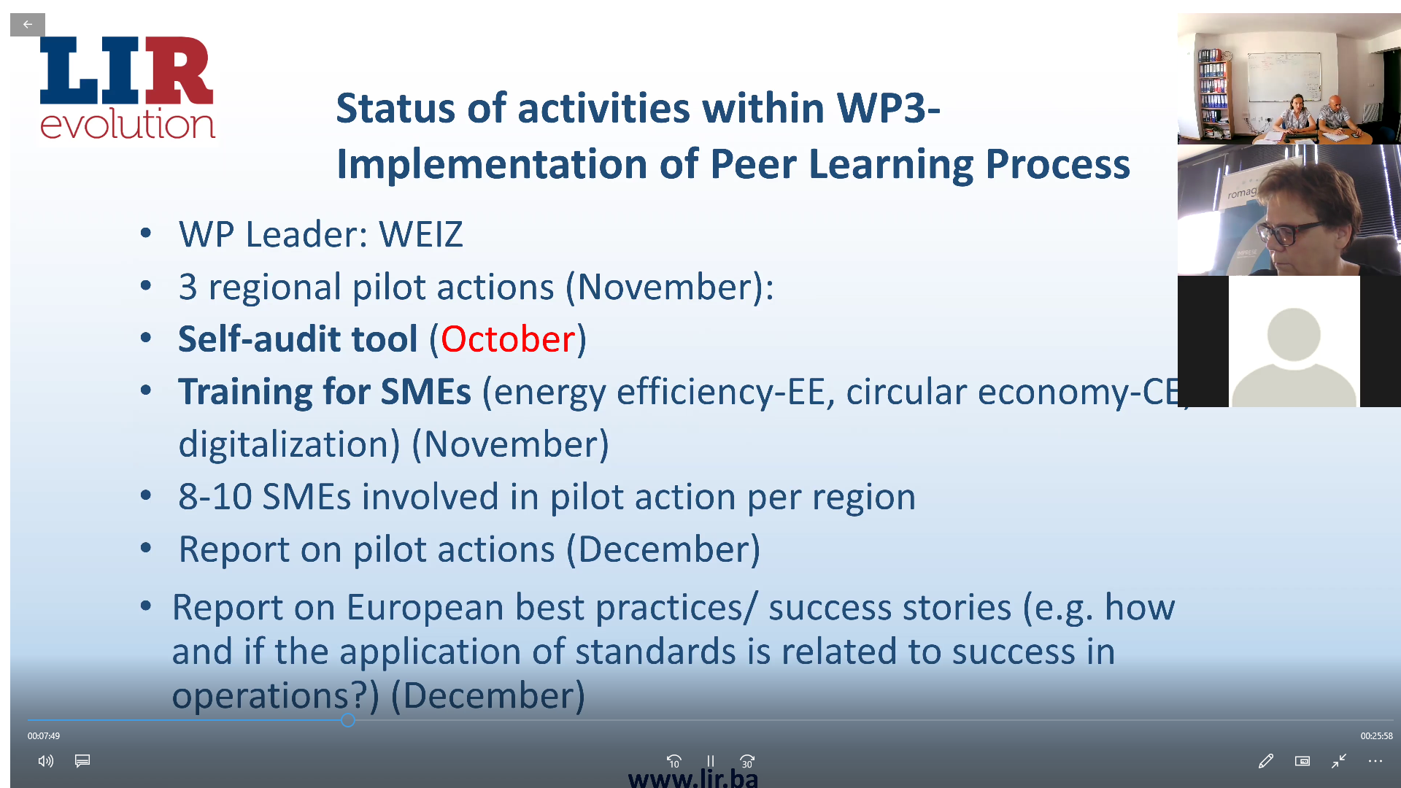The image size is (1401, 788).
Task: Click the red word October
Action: click(x=508, y=339)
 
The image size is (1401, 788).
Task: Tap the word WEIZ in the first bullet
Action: click(x=421, y=235)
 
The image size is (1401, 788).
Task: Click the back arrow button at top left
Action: click(x=28, y=25)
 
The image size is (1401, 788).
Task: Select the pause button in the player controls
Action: click(x=710, y=761)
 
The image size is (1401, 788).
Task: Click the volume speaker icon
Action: click(x=46, y=761)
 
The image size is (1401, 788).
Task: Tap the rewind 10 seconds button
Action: click(x=674, y=761)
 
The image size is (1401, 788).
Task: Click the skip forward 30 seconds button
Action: click(x=747, y=761)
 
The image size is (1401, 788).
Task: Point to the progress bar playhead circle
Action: click(x=348, y=720)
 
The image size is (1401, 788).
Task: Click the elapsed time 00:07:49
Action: click(x=44, y=736)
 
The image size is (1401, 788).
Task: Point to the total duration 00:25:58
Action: click(x=1376, y=736)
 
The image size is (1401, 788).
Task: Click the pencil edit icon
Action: click(x=1266, y=761)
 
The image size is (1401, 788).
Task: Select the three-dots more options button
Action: click(x=1375, y=761)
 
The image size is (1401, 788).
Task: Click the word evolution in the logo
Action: click(x=128, y=123)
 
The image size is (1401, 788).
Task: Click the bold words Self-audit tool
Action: click(x=298, y=339)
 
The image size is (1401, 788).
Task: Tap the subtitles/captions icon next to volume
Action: click(x=82, y=761)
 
